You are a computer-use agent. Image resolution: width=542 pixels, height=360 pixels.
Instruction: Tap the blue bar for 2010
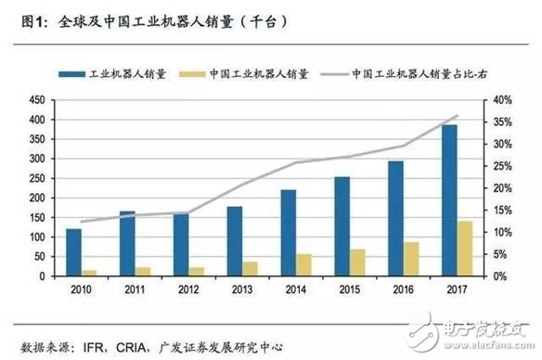tap(73, 252)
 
